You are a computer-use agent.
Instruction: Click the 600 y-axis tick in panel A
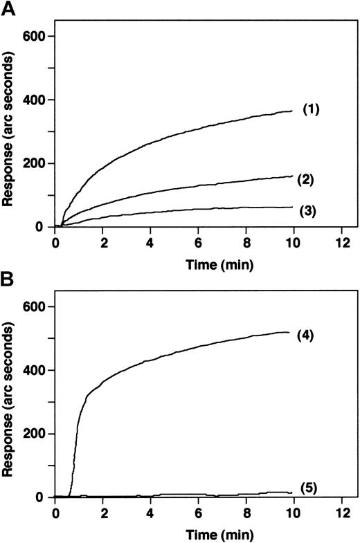point(33,37)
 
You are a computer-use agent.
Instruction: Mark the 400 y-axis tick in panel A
point(33,100)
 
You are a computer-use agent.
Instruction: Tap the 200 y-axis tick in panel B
point(33,434)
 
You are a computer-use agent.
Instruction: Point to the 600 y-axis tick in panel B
point(33,307)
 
